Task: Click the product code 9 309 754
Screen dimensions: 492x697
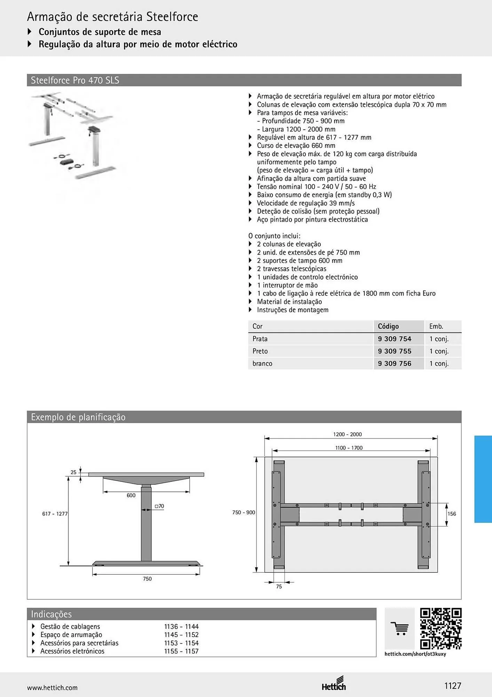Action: tap(395, 339)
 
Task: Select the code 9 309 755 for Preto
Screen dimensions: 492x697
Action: tap(395, 351)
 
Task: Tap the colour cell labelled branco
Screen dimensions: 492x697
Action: tap(262, 363)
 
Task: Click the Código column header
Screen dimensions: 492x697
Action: tap(388, 326)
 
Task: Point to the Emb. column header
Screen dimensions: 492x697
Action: tap(436, 326)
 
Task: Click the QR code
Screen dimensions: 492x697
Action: tap(441, 629)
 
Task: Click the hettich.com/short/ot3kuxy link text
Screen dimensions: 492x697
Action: tap(415, 654)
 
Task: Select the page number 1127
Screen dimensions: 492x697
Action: tap(453, 686)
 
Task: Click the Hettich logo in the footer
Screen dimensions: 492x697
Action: tap(334, 683)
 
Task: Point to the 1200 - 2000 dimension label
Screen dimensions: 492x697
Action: tap(347, 434)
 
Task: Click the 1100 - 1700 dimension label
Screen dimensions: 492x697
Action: tap(349, 448)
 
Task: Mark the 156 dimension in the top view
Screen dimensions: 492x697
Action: tap(452, 514)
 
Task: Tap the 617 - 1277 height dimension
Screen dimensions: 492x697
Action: tap(55, 514)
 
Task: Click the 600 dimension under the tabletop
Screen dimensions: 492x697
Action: tap(131, 495)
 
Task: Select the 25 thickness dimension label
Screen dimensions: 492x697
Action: tap(73, 472)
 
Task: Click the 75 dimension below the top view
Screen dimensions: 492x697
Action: tap(279, 587)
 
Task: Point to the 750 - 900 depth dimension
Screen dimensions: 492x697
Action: tap(244, 512)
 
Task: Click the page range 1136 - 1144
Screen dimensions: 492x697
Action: tap(181, 627)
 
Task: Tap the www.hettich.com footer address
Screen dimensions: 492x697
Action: tap(52, 688)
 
